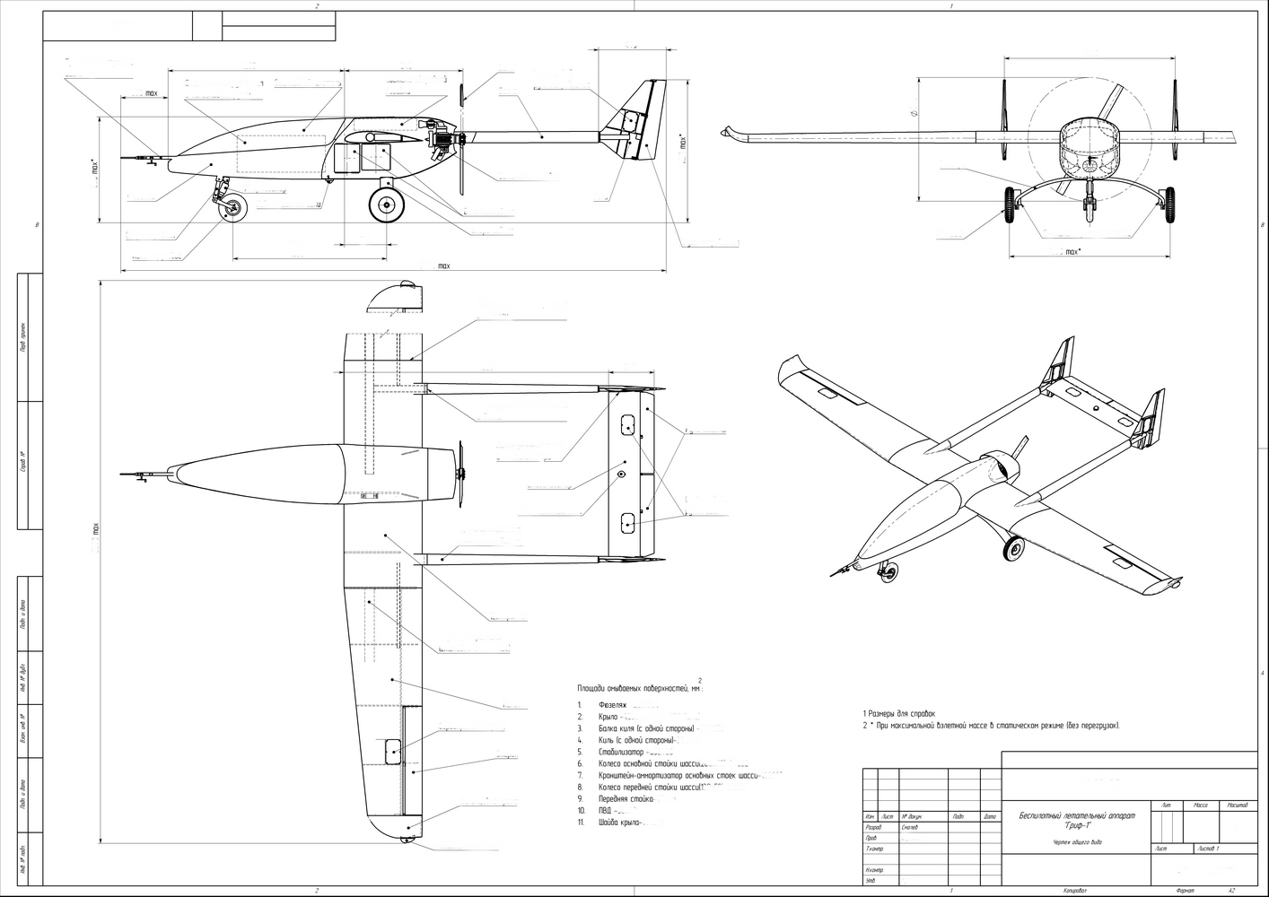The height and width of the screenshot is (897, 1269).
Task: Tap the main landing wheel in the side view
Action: point(387,205)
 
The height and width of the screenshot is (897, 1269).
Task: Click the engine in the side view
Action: point(440,138)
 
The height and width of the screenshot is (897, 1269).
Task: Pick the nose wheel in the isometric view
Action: point(888,571)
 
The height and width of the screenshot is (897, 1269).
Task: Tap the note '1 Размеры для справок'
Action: point(898,713)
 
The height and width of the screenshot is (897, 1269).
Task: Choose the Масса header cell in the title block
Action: point(1200,806)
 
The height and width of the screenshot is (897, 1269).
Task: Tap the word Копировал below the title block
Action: point(1075,891)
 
